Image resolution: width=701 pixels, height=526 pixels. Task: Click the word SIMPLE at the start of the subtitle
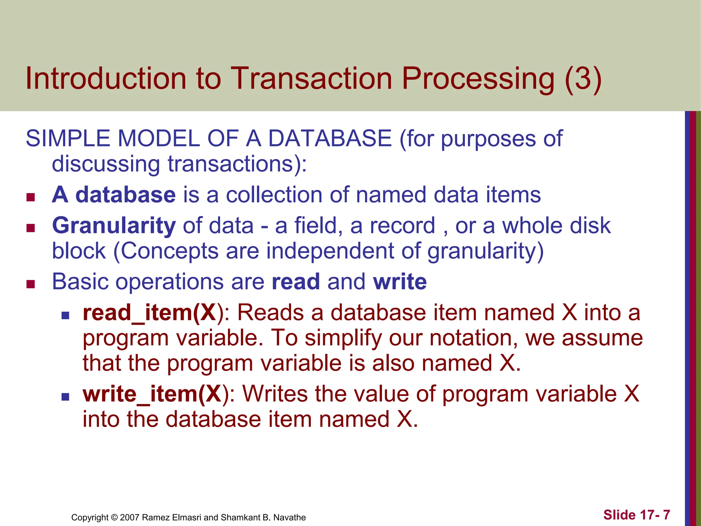click(x=67, y=139)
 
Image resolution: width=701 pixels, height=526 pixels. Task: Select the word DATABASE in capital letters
click(x=330, y=139)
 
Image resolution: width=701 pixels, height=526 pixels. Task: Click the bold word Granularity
click(x=114, y=226)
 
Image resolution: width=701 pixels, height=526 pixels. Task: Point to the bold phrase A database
click(x=114, y=195)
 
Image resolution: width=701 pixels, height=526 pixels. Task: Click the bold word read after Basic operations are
click(x=296, y=282)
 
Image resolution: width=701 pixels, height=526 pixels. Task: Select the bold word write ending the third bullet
click(x=400, y=282)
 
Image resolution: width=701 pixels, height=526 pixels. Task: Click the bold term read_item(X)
click(x=150, y=313)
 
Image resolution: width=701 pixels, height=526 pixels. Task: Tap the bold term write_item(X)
click(x=152, y=394)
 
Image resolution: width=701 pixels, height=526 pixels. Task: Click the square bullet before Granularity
click(x=31, y=228)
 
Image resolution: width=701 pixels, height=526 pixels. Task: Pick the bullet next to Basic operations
click(x=31, y=284)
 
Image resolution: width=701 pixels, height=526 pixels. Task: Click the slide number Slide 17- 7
click(x=636, y=515)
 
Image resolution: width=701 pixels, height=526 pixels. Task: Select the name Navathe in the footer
click(x=290, y=517)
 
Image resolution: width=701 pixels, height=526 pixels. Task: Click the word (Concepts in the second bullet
click(x=166, y=251)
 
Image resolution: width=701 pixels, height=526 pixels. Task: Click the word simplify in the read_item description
click(x=343, y=338)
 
